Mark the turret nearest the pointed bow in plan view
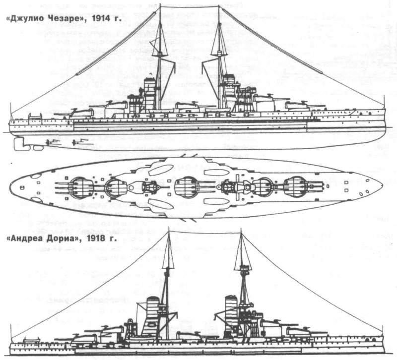pos(296,186)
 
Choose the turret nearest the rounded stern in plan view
pos(82,186)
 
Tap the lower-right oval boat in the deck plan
pos(217,201)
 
